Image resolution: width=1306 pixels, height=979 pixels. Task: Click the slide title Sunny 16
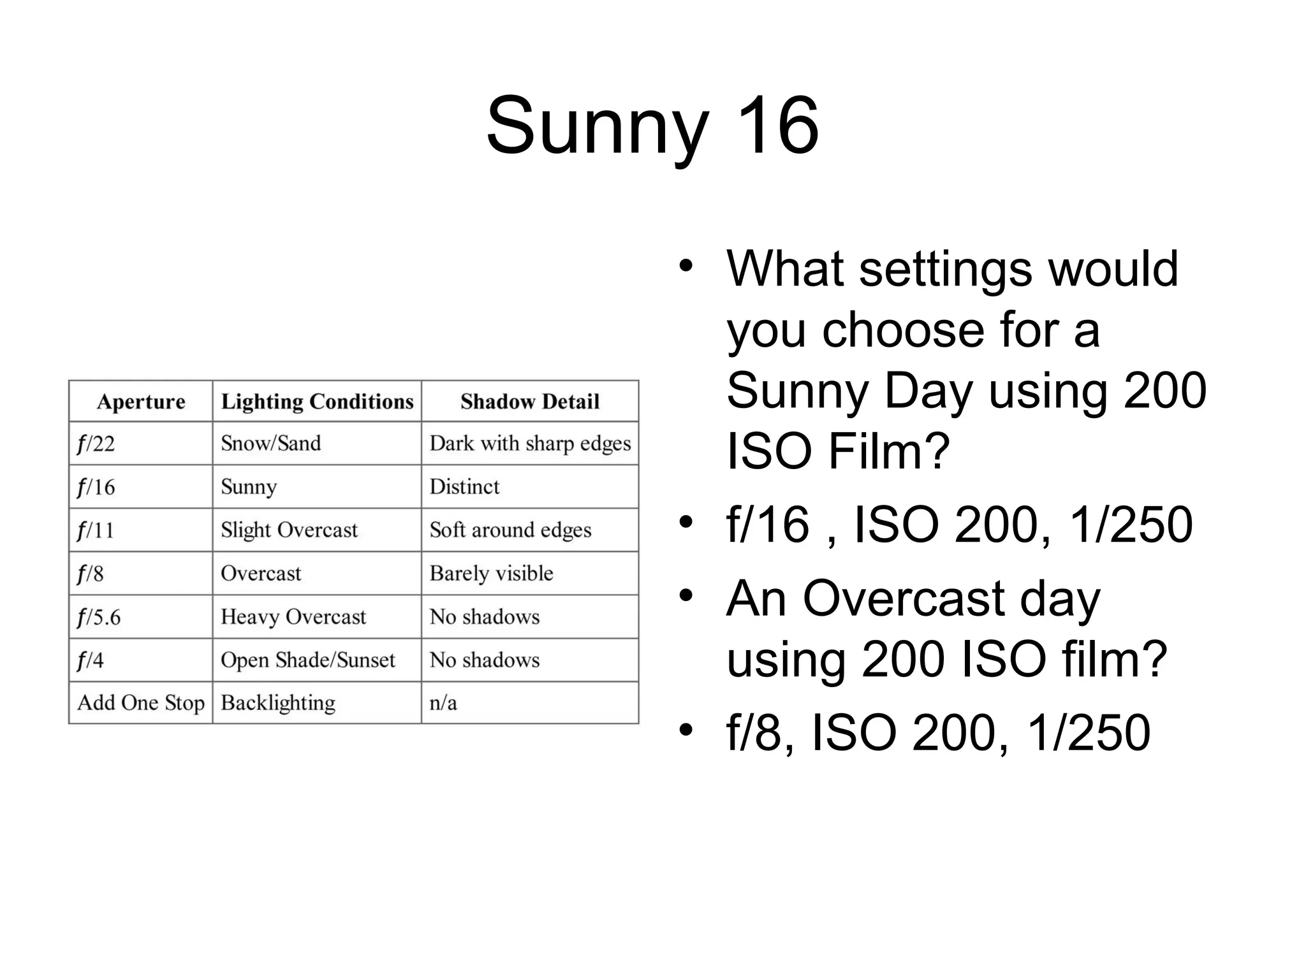point(652,126)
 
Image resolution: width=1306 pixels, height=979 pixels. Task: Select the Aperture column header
point(141,402)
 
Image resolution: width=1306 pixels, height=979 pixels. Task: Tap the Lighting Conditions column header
point(317,402)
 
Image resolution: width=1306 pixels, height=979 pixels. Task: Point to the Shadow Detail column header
point(530,402)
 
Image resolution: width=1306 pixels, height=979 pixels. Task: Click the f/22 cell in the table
point(96,444)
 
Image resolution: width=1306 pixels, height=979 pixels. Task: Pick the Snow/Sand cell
point(270,443)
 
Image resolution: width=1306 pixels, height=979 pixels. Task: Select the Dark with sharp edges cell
point(530,444)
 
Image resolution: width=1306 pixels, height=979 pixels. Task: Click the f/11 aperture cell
point(96,530)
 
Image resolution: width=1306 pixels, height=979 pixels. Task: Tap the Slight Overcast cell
point(289,530)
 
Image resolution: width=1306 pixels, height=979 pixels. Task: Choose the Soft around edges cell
point(510,530)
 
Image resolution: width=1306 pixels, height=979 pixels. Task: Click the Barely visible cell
point(491,574)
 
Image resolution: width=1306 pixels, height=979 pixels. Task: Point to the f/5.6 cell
point(99,617)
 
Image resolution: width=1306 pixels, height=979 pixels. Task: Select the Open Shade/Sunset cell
point(308,660)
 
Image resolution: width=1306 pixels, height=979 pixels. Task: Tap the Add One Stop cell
point(141,703)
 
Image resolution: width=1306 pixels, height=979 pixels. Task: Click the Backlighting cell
point(278,703)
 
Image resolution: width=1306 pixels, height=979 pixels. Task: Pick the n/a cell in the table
point(443,703)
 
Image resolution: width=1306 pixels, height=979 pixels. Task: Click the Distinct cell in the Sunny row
point(464,487)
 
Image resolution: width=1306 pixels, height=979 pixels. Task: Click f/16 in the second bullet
point(768,525)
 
